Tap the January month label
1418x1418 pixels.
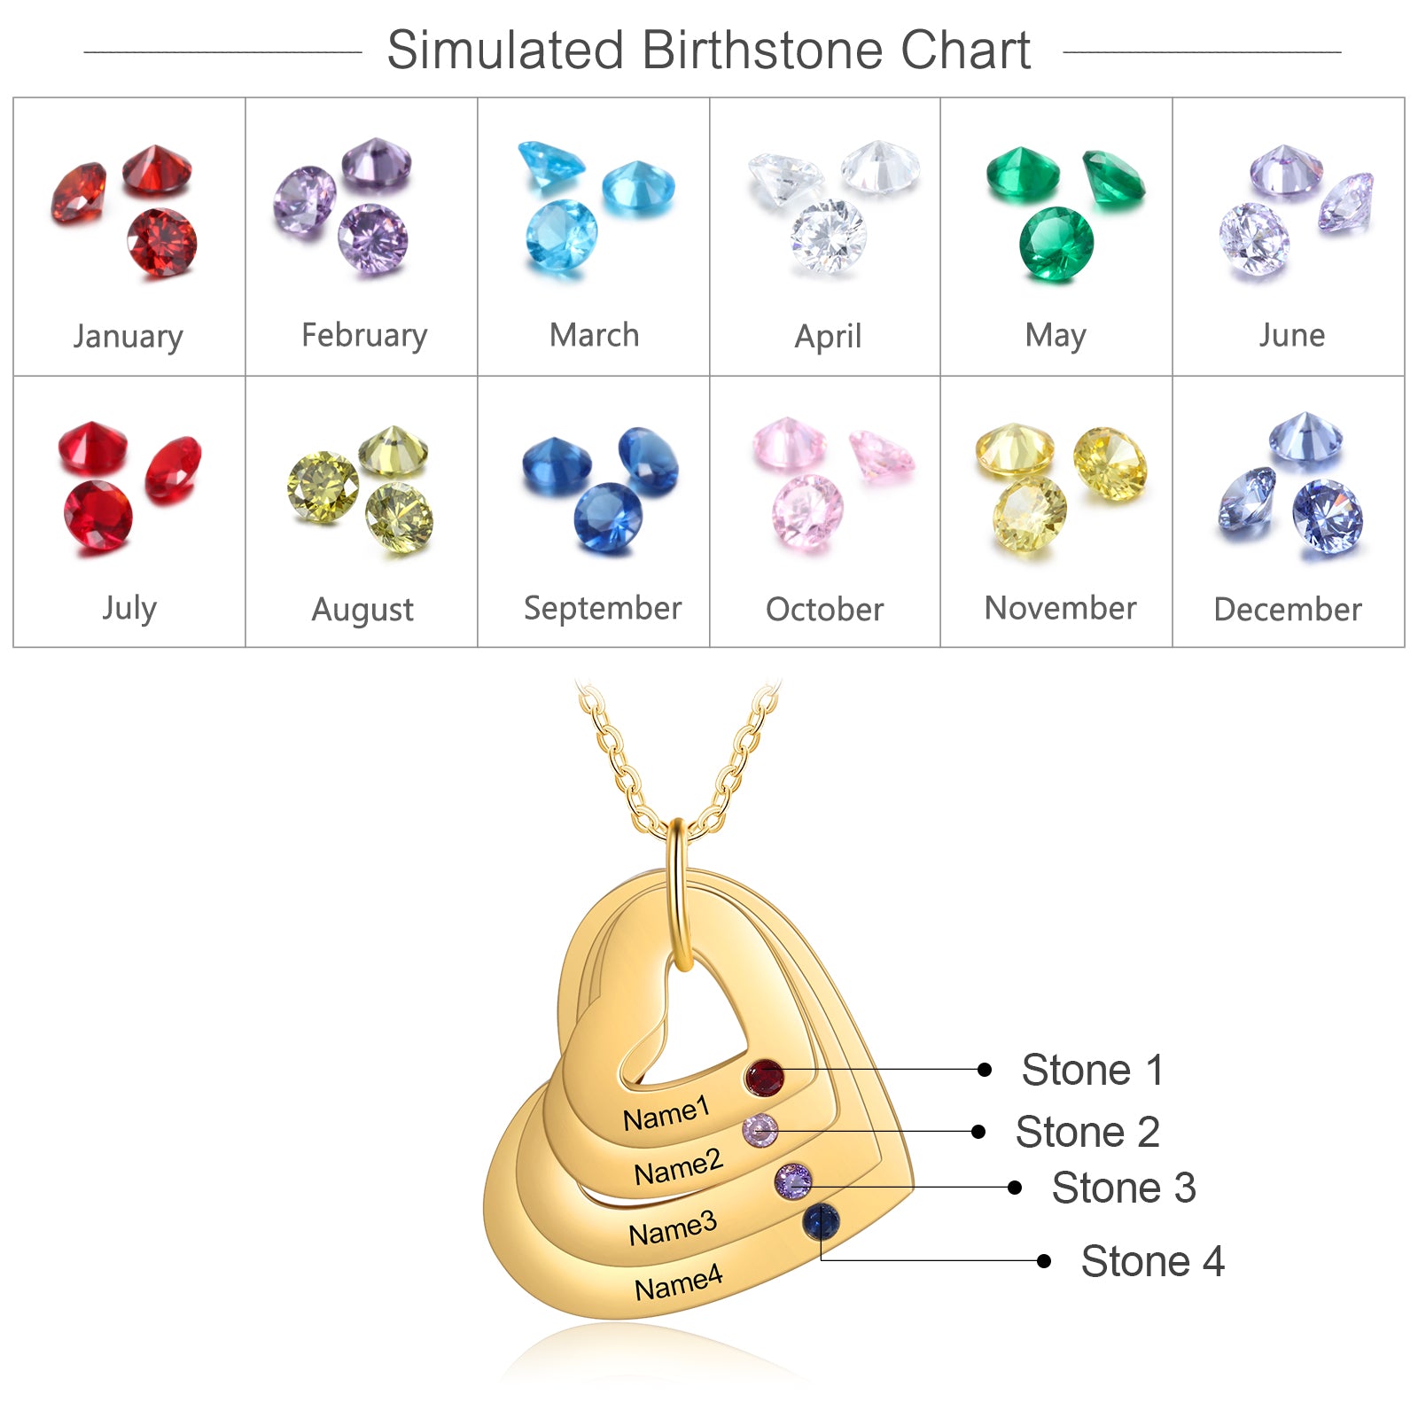point(129,337)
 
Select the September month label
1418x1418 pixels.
point(603,609)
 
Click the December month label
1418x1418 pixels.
point(1288,610)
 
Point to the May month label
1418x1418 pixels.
point(1056,337)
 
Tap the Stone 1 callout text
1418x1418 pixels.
point(1093,1070)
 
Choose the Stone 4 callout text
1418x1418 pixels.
point(1152,1261)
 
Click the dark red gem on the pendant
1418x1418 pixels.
point(764,1079)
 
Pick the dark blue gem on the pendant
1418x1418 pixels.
point(822,1222)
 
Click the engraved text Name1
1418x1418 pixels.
point(666,1114)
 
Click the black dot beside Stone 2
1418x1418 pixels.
point(978,1132)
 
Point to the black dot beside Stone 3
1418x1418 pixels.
point(1015,1188)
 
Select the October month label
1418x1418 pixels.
point(824,610)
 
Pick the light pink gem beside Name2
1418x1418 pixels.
point(760,1131)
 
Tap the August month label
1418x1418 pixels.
point(362,611)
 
